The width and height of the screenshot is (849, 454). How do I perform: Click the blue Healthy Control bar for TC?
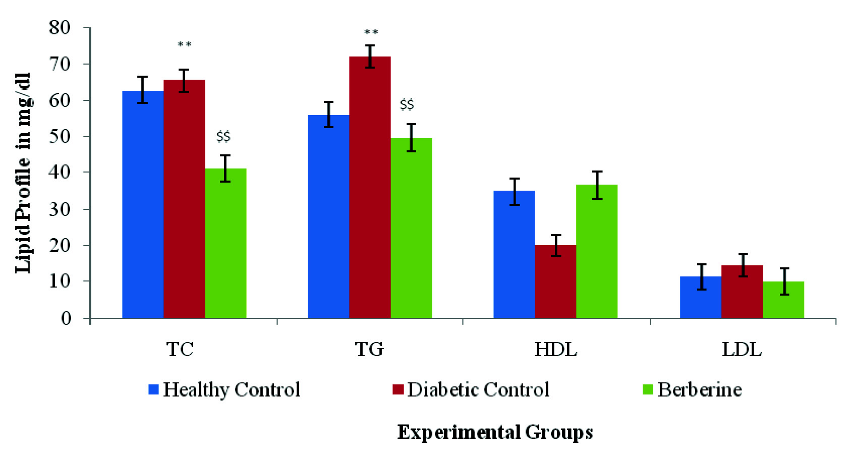pyautogui.click(x=143, y=204)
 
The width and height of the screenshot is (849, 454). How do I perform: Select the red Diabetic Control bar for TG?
pyautogui.click(x=370, y=187)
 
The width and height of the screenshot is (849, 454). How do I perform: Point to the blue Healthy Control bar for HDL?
pyautogui.click(x=514, y=254)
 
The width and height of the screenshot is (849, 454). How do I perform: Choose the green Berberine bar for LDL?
pyautogui.click(x=783, y=300)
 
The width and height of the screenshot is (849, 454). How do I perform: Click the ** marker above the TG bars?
pyautogui.click(x=371, y=33)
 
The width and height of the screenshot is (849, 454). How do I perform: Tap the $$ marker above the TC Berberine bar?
pyautogui.click(x=223, y=137)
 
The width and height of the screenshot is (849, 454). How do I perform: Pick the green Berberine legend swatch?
pyautogui.click(x=648, y=390)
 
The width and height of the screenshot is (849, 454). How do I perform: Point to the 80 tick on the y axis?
pyautogui.click(x=60, y=28)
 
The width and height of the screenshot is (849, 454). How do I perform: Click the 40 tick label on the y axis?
pyautogui.click(x=60, y=173)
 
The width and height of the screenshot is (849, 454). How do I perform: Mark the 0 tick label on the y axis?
pyautogui.click(x=66, y=318)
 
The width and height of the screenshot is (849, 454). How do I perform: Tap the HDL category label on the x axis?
pyautogui.click(x=555, y=350)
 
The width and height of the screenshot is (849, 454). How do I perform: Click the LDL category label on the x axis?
pyautogui.click(x=742, y=350)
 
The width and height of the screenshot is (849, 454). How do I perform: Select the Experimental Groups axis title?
pyautogui.click(x=495, y=432)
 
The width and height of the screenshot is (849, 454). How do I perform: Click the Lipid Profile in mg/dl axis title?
pyautogui.click(x=23, y=173)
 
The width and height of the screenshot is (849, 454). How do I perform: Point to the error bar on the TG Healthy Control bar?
pyautogui.click(x=328, y=115)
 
